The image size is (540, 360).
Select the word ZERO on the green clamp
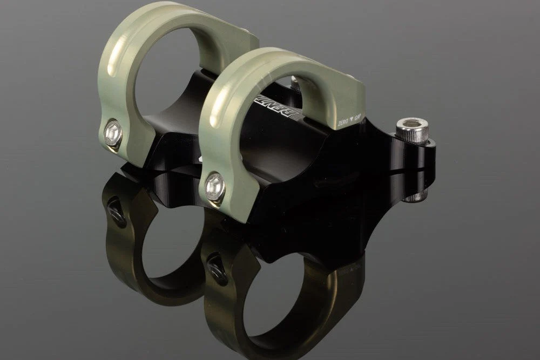click(344, 123)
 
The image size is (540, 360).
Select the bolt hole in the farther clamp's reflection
click(116, 211)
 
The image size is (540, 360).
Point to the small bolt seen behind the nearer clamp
click(295, 82)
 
